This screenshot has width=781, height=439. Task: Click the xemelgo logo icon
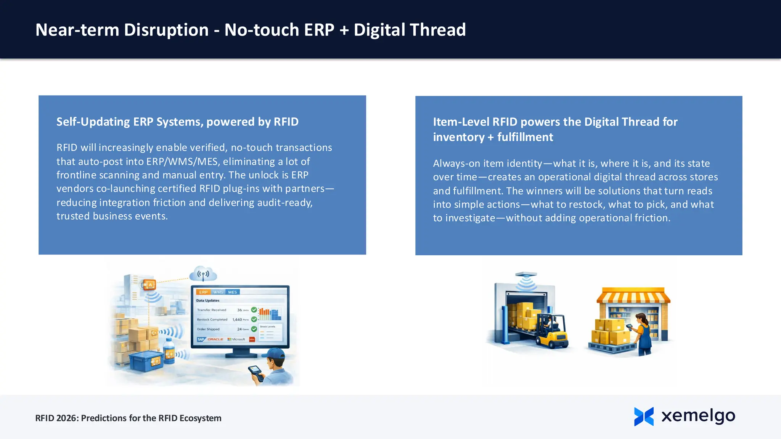(x=644, y=416)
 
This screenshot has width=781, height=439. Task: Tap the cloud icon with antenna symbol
(x=203, y=274)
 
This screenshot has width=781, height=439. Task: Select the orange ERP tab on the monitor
(x=203, y=292)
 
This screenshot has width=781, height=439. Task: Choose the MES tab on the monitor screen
(x=233, y=292)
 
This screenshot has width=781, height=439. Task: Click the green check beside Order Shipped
(x=254, y=329)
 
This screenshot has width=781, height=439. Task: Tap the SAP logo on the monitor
(x=201, y=339)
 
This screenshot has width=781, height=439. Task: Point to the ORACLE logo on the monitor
(x=215, y=339)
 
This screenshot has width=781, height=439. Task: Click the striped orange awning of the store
(x=633, y=296)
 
